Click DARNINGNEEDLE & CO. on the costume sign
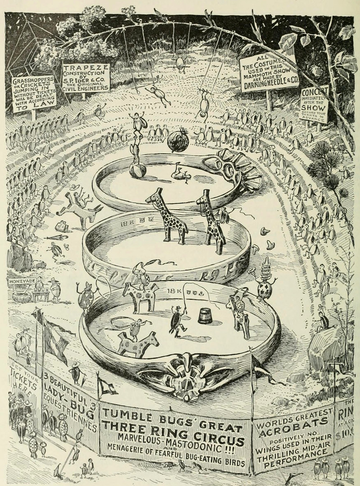point(269,83)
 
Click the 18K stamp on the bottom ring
point(174,292)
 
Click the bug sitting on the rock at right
point(321,320)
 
